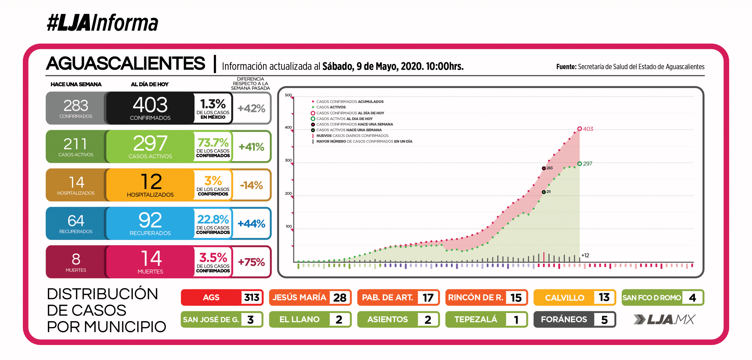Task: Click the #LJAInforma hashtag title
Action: pos(103,23)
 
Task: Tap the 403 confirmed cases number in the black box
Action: pos(150,105)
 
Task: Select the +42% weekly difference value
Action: pos(251,108)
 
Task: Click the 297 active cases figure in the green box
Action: pos(150,143)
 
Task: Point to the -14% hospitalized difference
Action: pos(251,185)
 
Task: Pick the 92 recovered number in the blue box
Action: pos(150,220)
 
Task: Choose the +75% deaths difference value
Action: pos(251,262)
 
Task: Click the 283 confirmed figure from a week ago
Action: pos(76,105)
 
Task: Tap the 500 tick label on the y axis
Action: pos(288,95)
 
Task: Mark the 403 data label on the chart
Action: pos(588,129)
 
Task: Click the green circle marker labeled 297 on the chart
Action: pos(580,164)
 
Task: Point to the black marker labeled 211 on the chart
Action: pos(544,192)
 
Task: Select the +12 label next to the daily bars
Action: pos(585,255)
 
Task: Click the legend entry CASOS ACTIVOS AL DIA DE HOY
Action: pos(344,119)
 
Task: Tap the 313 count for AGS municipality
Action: pos(252,297)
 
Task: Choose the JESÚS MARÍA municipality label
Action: pos(299,297)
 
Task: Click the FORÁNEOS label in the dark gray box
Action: pos(564,319)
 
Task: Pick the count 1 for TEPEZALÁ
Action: pos(516,320)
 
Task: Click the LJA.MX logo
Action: pos(664,319)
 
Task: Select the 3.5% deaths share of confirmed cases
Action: pos(213,258)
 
